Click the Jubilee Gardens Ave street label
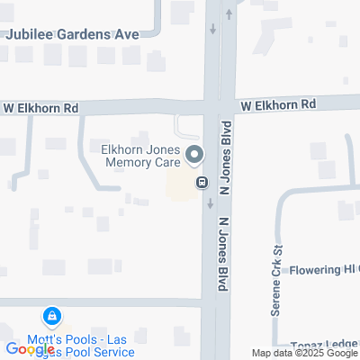[72, 33]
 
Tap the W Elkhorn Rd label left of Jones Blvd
[40, 108]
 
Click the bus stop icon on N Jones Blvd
[202, 183]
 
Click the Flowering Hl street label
[323, 270]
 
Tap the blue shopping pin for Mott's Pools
[51, 317]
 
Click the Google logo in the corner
[30, 349]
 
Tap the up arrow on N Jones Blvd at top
[229, 13]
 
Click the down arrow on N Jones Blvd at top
[212, 29]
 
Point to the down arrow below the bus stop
[210, 202]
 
